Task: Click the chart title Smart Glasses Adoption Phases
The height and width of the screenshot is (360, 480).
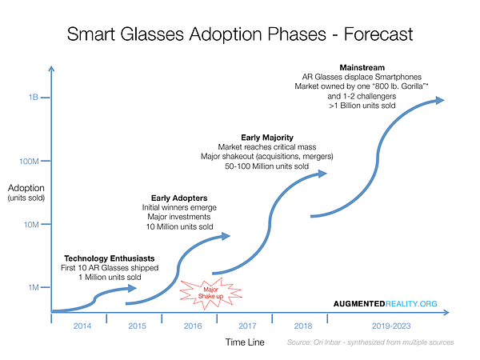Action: click(x=240, y=34)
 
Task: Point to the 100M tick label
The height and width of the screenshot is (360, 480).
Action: click(x=29, y=161)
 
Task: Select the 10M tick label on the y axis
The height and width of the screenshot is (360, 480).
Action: click(x=31, y=225)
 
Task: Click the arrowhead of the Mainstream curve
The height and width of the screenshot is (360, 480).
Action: click(x=438, y=100)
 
